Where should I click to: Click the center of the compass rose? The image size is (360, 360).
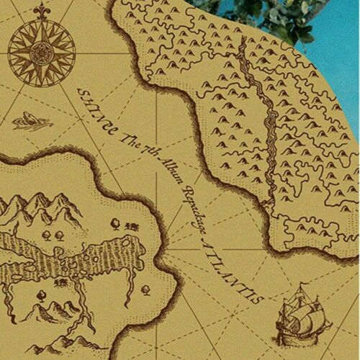(41, 52)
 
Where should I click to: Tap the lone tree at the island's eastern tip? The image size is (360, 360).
(146, 290)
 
